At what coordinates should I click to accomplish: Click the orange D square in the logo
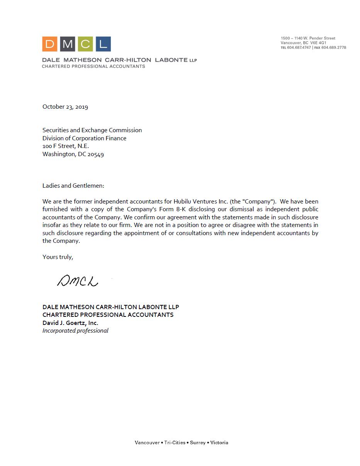(50, 44)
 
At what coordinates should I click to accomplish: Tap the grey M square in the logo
(68, 44)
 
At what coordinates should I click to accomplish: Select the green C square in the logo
(85, 44)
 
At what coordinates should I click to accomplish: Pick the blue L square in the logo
(103, 44)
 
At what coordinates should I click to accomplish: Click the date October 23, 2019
(65, 107)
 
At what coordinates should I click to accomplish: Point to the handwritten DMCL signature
(78, 281)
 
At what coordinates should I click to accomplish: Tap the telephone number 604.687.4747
(299, 47)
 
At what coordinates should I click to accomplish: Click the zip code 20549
(96, 154)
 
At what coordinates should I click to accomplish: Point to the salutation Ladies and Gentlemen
(73, 185)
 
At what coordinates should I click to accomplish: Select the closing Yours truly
(57, 257)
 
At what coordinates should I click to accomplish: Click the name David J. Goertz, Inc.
(70, 323)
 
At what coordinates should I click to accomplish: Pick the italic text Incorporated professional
(75, 330)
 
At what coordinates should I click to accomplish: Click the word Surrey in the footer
(198, 442)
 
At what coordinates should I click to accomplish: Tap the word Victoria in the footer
(219, 442)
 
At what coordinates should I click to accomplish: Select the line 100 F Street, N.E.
(66, 146)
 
